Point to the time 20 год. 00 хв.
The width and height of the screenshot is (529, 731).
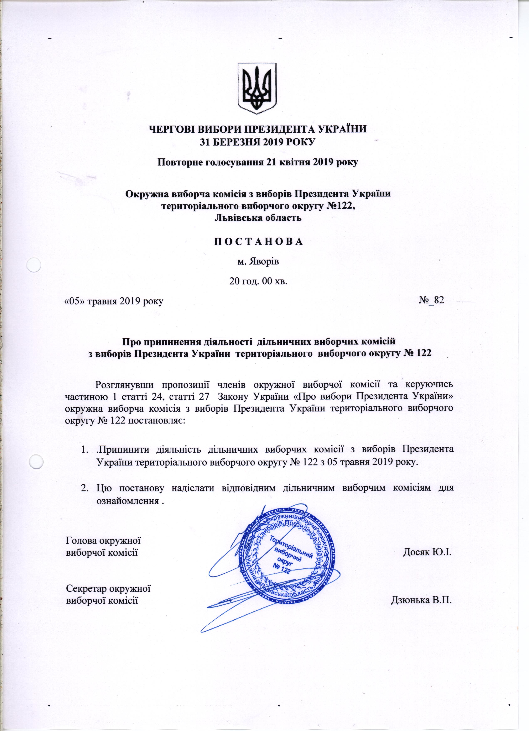coord(258,281)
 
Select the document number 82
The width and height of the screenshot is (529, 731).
coord(439,300)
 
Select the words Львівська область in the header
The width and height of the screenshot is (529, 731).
coord(258,217)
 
